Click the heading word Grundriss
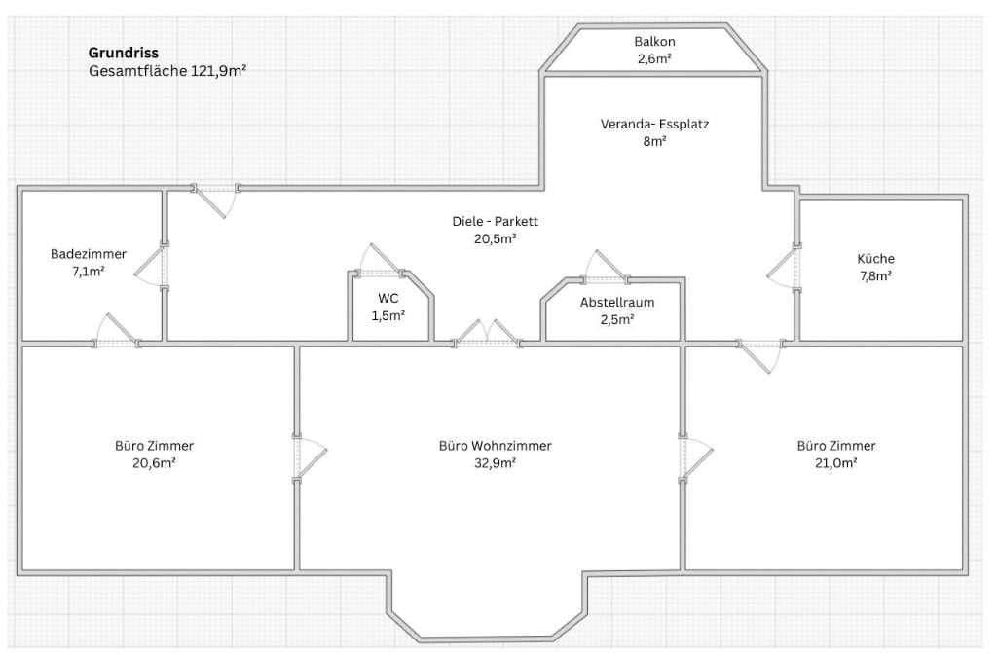[x=124, y=53]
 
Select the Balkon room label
[x=653, y=42]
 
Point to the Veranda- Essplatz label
[x=653, y=125]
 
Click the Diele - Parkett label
[x=496, y=222]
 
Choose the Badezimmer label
[x=89, y=254]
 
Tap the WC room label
[x=388, y=298]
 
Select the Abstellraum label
[x=617, y=302]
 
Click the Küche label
[x=875, y=259]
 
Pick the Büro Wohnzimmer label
[x=496, y=446]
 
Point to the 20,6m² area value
[x=154, y=463]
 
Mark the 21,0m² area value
[x=836, y=463]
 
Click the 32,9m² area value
[x=496, y=463]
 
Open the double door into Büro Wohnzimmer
[x=487, y=335]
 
